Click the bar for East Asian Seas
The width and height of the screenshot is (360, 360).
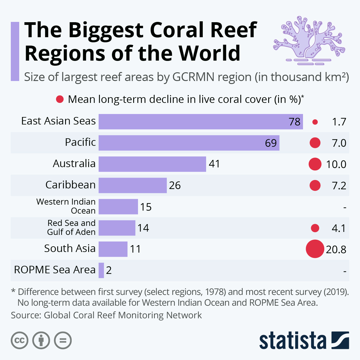point(200,121)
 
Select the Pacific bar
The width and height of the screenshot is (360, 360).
point(189,143)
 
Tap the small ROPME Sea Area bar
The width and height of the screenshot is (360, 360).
point(101,270)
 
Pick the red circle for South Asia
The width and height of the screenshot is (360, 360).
point(315,249)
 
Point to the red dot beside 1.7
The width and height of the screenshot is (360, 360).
point(315,122)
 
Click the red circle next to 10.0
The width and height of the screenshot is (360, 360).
point(315,164)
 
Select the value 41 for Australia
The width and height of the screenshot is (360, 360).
point(214,164)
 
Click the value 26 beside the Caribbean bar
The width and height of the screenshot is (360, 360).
point(175,185)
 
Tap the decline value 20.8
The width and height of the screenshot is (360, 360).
point(336,249)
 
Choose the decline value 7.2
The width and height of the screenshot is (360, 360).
point(339,186)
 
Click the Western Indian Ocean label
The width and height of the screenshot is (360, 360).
point(66,206)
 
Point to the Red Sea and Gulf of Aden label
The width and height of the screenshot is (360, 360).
point(71,227)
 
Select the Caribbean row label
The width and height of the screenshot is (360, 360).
point(70,185)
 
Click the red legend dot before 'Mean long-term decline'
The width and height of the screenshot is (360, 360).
point(60,99)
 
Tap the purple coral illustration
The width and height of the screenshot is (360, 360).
point(309,40)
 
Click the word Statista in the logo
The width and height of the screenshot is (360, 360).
point(292,340)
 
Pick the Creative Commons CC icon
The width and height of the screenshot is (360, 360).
point(19,340)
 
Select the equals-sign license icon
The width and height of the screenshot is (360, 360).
point(63,340)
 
